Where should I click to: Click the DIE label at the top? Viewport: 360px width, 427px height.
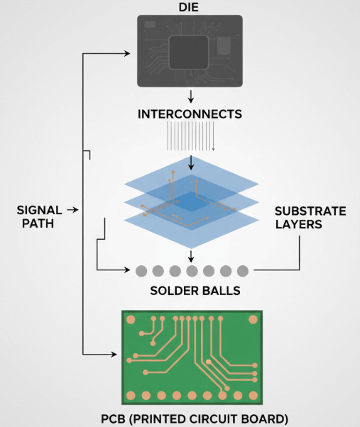tap(190, 8)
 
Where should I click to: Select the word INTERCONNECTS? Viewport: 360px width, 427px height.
tap(190, 113)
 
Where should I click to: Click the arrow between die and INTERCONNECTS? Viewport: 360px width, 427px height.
tap(190, 96)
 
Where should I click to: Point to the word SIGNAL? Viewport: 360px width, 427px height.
tap(40, 211)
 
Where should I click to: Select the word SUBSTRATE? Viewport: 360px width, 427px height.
tap(310, 211)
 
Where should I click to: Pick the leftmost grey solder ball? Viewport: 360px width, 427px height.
tap(141, 271)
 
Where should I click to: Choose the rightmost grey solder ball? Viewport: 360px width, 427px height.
tap(242, 271)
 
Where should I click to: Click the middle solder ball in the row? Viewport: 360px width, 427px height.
tap(192, 271)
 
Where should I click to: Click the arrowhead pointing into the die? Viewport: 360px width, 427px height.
tap(129, 53)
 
